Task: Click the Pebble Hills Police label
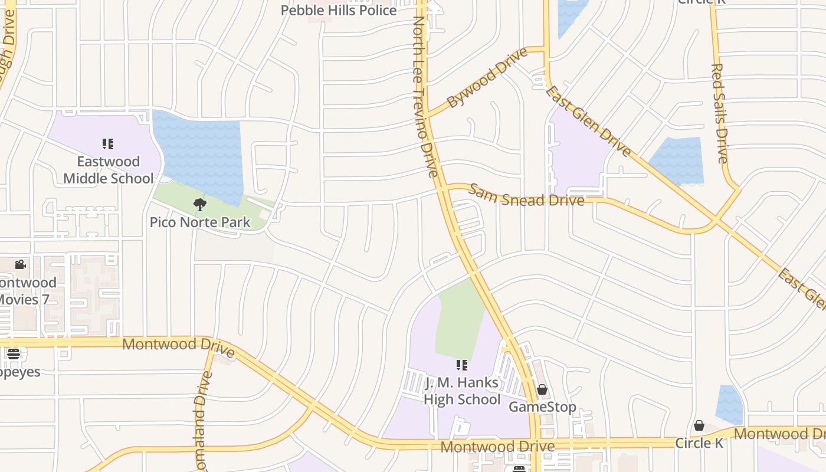[x=338, y=11]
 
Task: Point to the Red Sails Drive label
[x=720, y=113]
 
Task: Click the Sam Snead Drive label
[x=526, y=196]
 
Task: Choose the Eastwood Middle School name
[x=109, y=170]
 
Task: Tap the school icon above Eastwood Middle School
[x=108, y=143]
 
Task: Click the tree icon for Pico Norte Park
[x=200, y=205]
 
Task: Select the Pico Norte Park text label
[x=200, y=222]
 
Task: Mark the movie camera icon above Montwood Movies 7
[x=20, y=264]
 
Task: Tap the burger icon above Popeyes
[x=13, y=354]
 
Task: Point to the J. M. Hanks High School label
[x=462, y=391]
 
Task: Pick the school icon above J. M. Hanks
[x=462, y=365]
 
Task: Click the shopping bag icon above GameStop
[x=542, y=389]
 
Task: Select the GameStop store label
[x=542, y=407]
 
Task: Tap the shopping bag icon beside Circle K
[x=699, y=425]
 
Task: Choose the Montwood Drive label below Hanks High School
[x=497, y=447]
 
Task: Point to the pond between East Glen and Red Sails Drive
[x=678, y=160]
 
